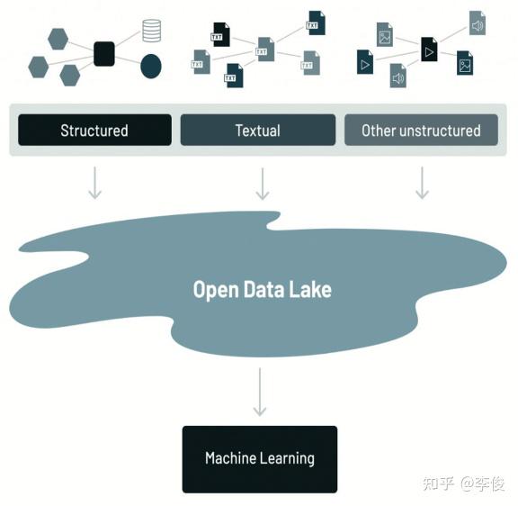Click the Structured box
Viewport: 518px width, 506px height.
pyautogui.click(x=94, y=130)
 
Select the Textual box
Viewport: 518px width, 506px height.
pyautogui.click(x=258, y=130)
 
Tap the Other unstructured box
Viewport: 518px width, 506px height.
pyautogui.click(x=421, y=130)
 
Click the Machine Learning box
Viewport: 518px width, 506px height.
pyautogui.click(x=260, y=459)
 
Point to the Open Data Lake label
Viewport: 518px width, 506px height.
pyautogui.click(x=263, y=290)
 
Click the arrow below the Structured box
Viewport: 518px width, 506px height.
pyautogui.click(x=94, y=183)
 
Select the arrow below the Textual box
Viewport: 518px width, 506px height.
pyautogui.click(x=263, y=184)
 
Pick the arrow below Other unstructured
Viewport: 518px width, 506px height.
pyautogui.click(x=422, y=183)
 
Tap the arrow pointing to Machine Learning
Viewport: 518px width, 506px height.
pyautogui.click(x=260, y=392)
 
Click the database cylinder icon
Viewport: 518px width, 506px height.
pyautogui.click(x=152, y=31)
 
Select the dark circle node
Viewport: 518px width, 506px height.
pyautogui.click(x=151, y=66)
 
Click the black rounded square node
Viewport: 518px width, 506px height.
pyautogui.click(x=104, y=54)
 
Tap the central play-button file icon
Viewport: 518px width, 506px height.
pyautogui.click(x=429, y=50)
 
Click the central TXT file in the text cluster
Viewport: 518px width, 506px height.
pyautogui.click(x=266, y=50)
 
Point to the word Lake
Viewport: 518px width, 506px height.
pyautogui.click(x=310, y=289)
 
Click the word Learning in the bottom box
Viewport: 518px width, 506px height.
pyautogui.click(x=287, y=458)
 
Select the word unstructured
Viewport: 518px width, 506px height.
pyautogui.click(x=440, y=131)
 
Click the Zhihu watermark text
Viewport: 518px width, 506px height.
pyautogui.click(x=464, y=483)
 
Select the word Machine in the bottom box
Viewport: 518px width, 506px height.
pyautogui.click(x=230, y=458)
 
